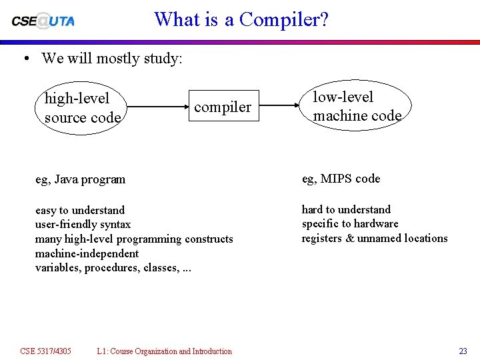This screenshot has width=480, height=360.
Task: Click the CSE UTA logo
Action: point(43,20)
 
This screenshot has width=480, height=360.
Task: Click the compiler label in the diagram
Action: point(223,107)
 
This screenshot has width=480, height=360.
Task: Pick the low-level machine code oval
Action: point(357,107)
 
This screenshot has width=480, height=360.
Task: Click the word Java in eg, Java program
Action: point(67,179)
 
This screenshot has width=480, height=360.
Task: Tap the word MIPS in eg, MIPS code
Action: point(337,179)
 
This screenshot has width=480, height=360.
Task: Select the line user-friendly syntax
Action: point(83,225)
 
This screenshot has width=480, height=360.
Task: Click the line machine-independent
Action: point(87,253)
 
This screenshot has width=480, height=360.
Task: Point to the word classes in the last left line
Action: point(161,268)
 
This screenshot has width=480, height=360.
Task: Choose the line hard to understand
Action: point(346,210)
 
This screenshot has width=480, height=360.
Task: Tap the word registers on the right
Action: point(323,239)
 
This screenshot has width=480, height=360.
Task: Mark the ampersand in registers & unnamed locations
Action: point(351,239)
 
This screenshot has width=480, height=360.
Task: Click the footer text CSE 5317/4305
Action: point(45,351)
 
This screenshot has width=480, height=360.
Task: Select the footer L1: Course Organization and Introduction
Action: point(164,351)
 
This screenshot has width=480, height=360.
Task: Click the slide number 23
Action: point(463,351)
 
